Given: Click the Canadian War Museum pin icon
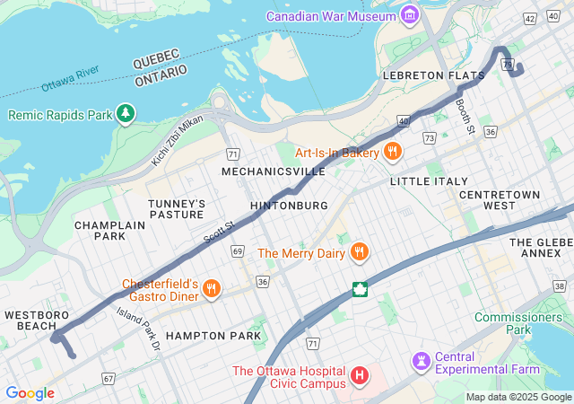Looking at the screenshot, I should [410, 15].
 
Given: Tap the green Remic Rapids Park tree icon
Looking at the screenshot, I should [126, 114].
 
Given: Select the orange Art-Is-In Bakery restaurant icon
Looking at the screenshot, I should [392, 153].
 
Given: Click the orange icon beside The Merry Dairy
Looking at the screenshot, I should [359, 252].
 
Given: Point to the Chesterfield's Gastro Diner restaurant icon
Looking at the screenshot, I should [212, 288].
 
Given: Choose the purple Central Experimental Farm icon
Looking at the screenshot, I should [421, 361].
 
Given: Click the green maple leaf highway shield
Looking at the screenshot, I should [361, 289].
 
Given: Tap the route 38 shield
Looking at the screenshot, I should [558, 285].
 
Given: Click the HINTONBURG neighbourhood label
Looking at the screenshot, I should [289, 206].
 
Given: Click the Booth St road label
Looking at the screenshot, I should [464, 116].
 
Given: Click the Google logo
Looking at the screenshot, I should [30, 393].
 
